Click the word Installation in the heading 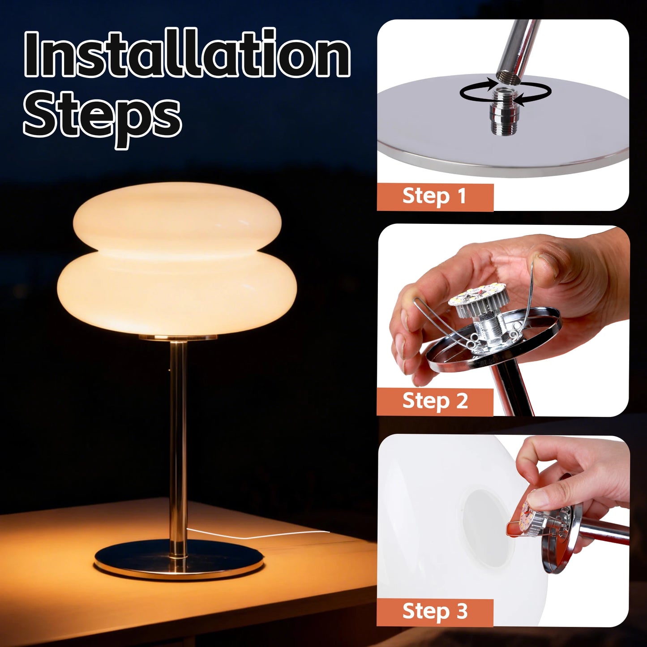187,55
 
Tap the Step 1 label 434,197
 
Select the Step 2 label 435,401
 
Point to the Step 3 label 435,612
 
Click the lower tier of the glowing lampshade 177,293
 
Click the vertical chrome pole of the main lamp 178,439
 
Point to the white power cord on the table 260,535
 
